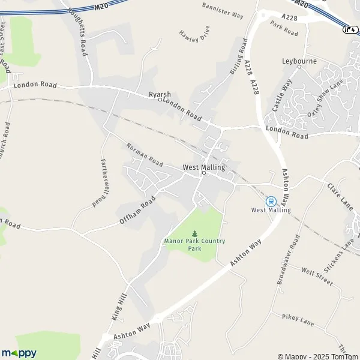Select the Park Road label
[x=284, y=28]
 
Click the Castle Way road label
[x=281, y=95]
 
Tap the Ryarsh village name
[x=160, y=95]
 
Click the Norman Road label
[x=145, y=155]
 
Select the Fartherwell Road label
[x=101, y=182]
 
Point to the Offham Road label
[x=138, y=211]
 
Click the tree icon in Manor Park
[x=194, y=233]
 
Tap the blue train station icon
[x=271, y=201]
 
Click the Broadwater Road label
[x=288, y=259]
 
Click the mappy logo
[x=19, y=353]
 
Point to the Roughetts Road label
[x=79, y=31]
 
